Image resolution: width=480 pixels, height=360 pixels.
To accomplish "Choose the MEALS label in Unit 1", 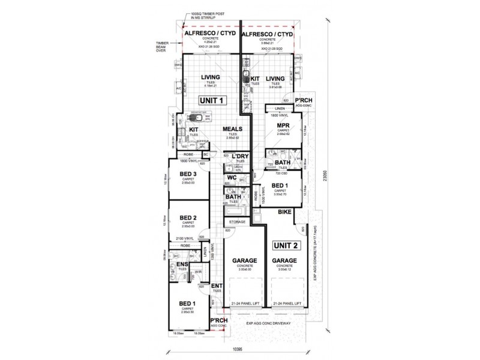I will pos(232,129).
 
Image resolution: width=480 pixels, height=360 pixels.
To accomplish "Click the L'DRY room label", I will pos(240,158).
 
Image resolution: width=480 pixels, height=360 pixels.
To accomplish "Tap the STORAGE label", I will pos(237,222).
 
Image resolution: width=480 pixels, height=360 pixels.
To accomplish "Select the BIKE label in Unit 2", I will pos(284,212).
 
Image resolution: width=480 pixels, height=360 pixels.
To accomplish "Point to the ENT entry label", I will pos(217,286).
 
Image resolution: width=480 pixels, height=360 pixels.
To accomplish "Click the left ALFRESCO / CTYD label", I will pos(210,35).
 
